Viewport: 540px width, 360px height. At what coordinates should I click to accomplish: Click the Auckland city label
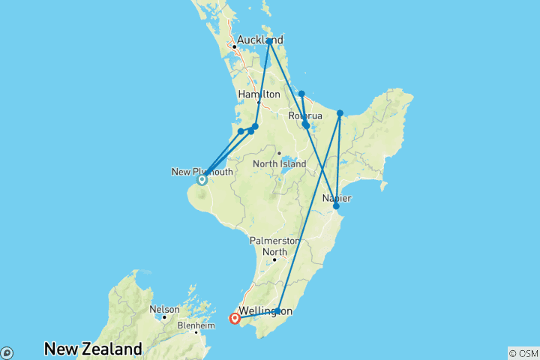[x=259, y=40]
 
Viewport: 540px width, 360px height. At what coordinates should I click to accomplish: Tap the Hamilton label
[x=259, y=94]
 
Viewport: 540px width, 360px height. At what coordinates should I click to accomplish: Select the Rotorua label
[x=306, y=116]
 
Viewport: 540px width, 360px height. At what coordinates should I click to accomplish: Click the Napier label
[x=337, y=197]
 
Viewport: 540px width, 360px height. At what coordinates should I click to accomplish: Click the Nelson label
[x=164, y=309]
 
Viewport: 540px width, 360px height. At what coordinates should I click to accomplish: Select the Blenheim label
[x=177, y=326]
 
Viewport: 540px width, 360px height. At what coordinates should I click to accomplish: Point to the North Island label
[x=279, y=163]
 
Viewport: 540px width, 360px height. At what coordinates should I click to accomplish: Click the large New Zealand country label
[x=93, y=349]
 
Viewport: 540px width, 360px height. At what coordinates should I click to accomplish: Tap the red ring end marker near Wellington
[x=235, y=319]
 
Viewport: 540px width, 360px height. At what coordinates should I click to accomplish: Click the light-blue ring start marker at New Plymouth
[x=202, y=179]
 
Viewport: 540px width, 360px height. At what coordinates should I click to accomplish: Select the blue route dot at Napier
[x=336, y=205]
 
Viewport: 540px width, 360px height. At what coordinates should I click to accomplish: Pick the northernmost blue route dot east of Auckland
[x=269, y=41]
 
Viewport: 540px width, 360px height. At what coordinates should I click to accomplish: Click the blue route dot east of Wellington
[x=277, y=310]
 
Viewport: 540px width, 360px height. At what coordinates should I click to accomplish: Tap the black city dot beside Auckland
[x=234, y=47]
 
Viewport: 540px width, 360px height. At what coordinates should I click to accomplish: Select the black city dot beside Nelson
[x=164, y=318]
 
